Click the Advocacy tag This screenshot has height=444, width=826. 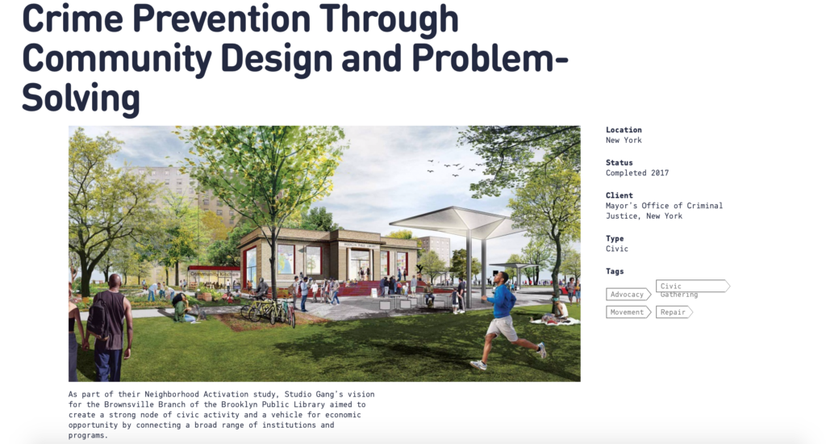(628, 294)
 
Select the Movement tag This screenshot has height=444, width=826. (628, 312)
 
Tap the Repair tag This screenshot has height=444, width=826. (674, 312)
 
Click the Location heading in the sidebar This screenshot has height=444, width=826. (624, 130)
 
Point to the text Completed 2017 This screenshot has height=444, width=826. (637, 173)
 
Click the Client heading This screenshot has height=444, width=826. (619, 195)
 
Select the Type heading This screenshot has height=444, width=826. (615, 238)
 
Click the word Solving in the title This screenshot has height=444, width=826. (81, 98)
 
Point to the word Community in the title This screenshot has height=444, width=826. (117, 59)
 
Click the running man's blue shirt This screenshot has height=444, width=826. (502, 301)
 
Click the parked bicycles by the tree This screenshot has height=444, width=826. (268, 310)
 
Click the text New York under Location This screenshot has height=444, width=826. (624, 140)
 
